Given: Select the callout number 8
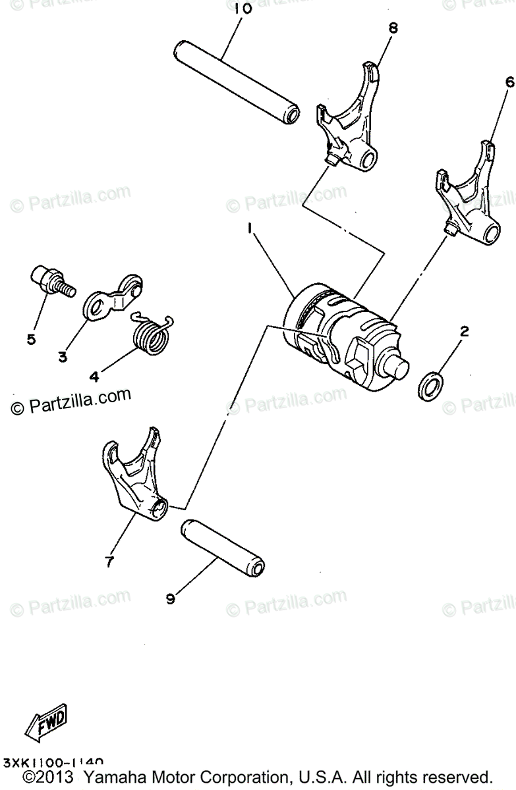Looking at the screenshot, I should pyautogui.click(x=393, y=28).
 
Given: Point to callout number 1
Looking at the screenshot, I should pyautogui.click(x=250, y=228).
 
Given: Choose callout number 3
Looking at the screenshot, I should pyautogui.click(x=63, y=357).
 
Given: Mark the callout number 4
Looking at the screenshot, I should pyautogui.click(x=94, y=377).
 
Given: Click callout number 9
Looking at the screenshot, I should pyautogui.click(x=171, y=598).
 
